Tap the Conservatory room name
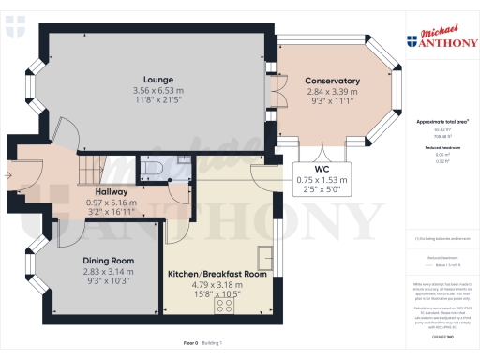point(332,81)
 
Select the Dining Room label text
point(108,260)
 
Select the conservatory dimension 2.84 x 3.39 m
point(332,92)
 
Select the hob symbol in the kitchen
point(226,306)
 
